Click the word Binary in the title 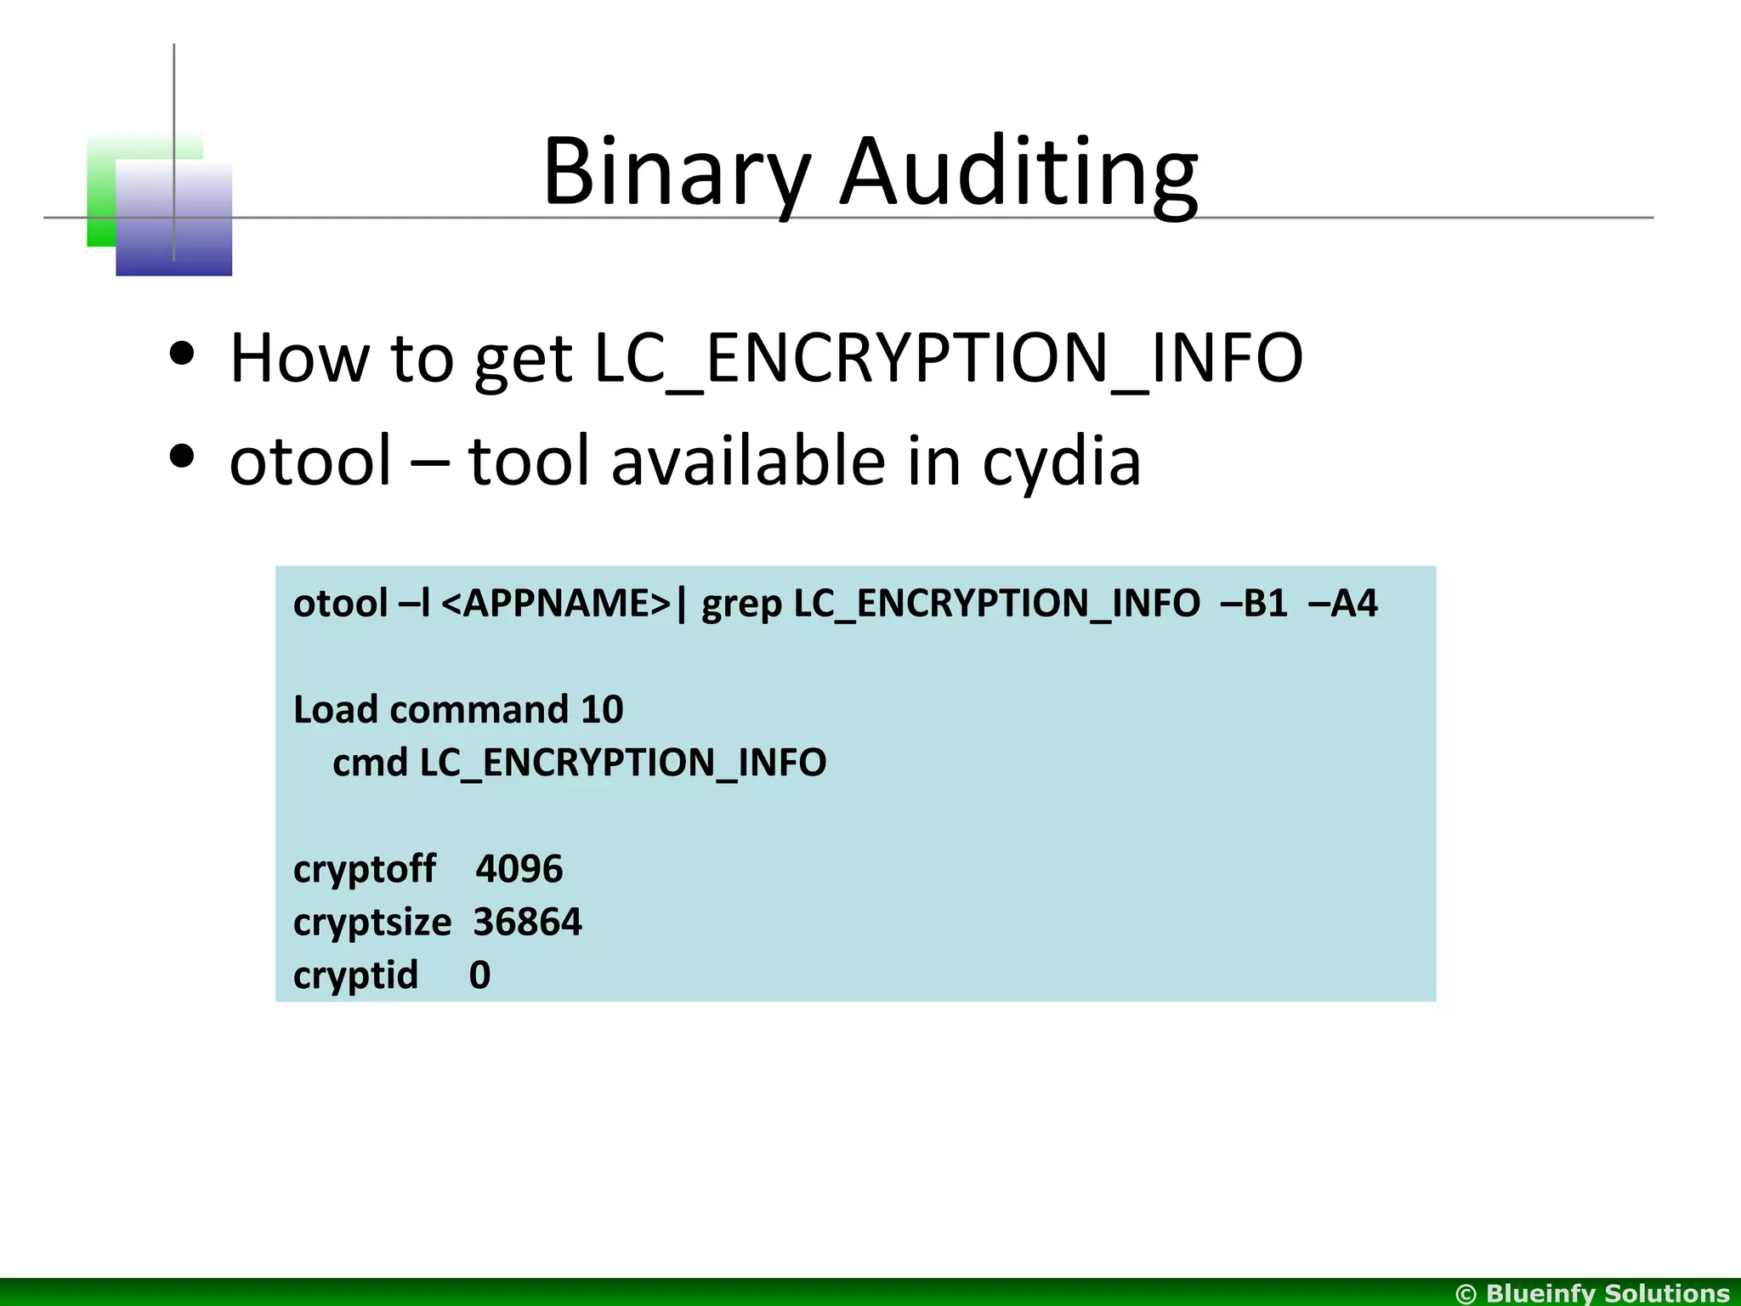pos(676,172)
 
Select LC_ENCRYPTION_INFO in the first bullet pos(948,359)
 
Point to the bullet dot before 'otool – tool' pos(182,457)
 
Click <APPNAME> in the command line pos(558,604)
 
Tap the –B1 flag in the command pos(1254,604)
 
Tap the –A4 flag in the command pos(1343,604)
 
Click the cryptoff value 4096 pos(519,869)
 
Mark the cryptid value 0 pos(479,975)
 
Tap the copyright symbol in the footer pos(1466,1294)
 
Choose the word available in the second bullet pos(747,461)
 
